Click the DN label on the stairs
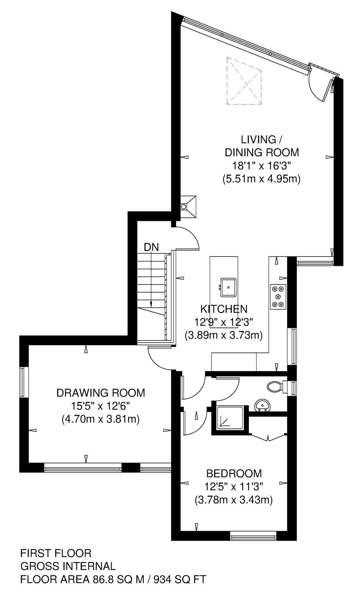coord(151,247)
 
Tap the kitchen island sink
coord(228,287)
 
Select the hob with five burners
coord(278,296)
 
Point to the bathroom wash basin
coord(262,405)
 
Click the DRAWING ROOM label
coord(101,393)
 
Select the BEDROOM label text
coord(234,473)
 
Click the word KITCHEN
coord(224,309)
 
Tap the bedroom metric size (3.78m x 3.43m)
coord(233,500)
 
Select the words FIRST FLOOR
coord(56,553)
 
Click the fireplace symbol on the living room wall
coord(188,206)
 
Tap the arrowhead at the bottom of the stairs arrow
coord(151,304)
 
